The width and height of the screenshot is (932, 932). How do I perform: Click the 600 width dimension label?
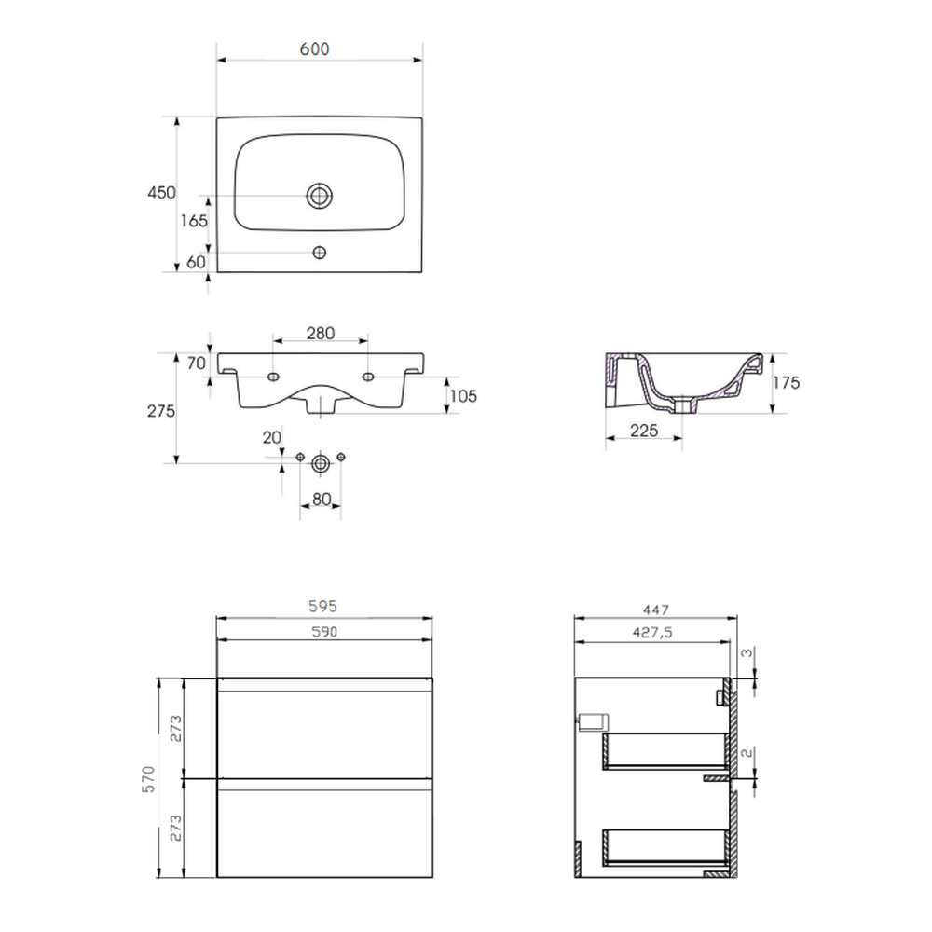click(x=314, y=48)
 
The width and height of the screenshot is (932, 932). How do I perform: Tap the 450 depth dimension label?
click(x=161, y=193)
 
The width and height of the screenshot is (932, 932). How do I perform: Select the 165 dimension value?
click(x=195, y=221)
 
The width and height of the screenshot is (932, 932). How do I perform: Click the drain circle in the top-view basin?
click(x=319, y=196)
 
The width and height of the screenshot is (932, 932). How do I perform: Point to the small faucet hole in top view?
click(x=319, y=253)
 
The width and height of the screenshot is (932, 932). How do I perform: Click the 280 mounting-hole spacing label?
click(x=321, y=334)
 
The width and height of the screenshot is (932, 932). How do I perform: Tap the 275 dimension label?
click(x=161, y=411)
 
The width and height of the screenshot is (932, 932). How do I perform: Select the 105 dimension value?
click(x=463, y=396)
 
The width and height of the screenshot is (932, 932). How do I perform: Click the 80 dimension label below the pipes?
click(x=321, y=500)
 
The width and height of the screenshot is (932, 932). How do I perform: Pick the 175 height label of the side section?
click(x=787, y=383)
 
